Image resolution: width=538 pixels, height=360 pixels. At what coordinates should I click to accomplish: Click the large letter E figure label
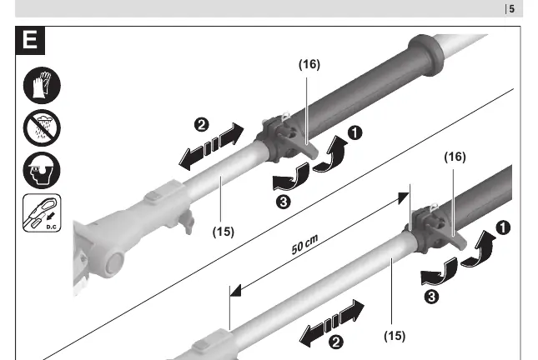30,40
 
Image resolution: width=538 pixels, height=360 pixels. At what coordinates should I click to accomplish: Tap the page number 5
511,9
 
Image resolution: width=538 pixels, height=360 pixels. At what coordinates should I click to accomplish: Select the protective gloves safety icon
42,85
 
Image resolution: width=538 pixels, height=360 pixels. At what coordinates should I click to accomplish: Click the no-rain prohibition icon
42,127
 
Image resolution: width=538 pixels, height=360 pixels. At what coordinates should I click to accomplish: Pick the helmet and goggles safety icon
42,170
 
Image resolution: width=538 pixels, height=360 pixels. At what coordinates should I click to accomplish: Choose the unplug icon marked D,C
42,212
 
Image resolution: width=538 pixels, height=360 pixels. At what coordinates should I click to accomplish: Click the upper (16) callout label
309,64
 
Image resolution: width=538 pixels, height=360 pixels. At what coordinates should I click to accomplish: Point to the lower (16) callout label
455,157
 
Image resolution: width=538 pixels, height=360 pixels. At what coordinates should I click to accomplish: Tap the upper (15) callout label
224,232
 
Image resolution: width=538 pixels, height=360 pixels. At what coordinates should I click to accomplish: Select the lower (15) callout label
395,336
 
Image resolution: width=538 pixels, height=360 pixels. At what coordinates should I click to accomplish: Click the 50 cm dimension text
304,244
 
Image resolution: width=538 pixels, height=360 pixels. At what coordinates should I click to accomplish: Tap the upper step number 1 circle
354,132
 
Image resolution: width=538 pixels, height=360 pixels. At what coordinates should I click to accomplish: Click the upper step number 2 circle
201,124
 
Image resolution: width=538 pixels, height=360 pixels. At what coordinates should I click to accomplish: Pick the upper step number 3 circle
284,202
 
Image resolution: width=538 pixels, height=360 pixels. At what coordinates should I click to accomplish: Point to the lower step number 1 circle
503,228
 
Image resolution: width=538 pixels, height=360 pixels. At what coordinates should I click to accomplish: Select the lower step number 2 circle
336,342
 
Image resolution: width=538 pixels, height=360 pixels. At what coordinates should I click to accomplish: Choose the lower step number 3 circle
431,297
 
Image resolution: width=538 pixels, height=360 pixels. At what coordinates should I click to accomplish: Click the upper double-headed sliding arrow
211,147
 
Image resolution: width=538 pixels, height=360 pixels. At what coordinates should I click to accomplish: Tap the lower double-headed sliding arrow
332,323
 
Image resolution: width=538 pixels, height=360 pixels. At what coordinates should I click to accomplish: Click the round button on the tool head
114,264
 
